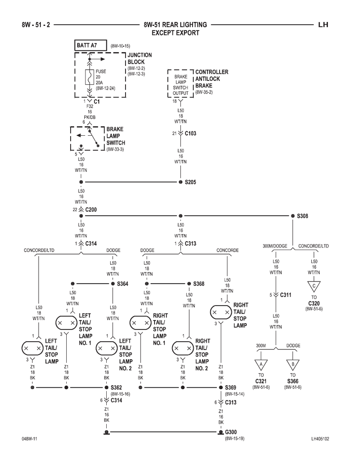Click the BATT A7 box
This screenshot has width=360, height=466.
[90, 46]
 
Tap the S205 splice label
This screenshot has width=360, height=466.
[191, 182]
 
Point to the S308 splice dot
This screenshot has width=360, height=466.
[292, 216]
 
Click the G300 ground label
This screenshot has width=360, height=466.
[231, 432]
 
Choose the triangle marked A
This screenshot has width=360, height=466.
[261, 365]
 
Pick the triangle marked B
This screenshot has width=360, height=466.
[293, 365]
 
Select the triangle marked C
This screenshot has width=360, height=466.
[314, 286]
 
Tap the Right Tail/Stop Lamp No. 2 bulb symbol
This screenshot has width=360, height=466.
[183, 348]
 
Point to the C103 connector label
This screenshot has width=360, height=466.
[191, 134]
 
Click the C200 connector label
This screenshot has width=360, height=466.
[91, 210]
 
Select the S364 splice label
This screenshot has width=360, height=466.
[122, 284]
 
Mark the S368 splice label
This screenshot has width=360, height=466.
[199, 284]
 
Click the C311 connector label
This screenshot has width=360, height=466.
[286, 295]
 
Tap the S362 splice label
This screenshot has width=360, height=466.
[116, 387]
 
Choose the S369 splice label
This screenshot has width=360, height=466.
[230, 387]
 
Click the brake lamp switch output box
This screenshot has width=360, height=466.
[180, 83]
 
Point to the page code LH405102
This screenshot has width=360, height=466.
[320, 439]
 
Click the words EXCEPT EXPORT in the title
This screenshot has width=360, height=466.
[175, 33]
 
